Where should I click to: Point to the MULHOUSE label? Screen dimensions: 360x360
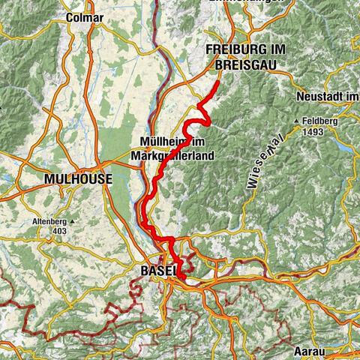pyautogui.click(x=78, y=179)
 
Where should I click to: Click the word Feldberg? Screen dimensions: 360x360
pyautogui.click(x=323, y=121)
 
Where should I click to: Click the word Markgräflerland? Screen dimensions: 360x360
pyautogui.click(x=172, y=155)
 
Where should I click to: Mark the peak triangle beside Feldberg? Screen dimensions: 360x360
pyautogui.click(x=298, y=121)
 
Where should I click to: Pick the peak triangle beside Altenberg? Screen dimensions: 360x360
pyautogui.click(x=31, y=222)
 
